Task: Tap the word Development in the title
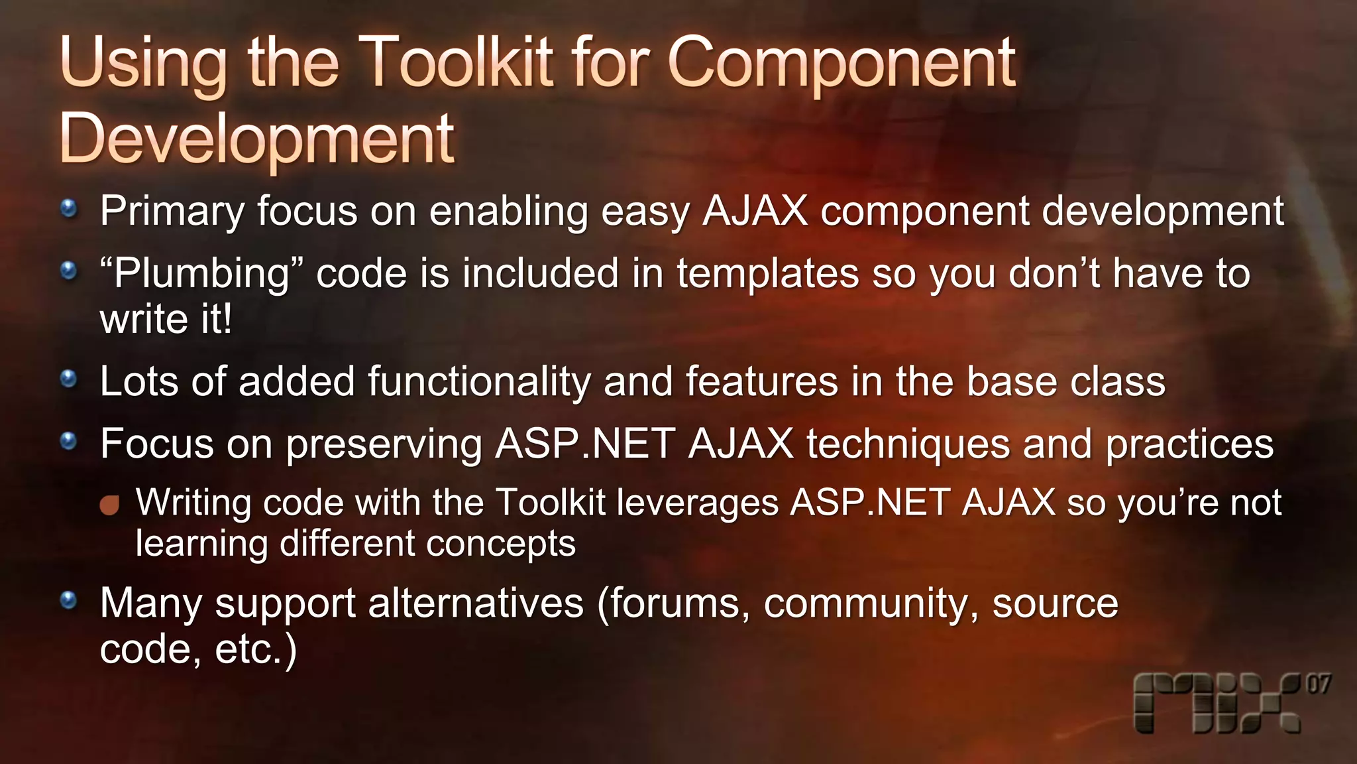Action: tap(257, 139)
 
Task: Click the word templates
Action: tap(767, 274)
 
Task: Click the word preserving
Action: tap(384, 444)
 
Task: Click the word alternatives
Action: tap(476, 604)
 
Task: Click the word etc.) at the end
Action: tap(256, 649)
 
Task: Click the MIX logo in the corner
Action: tap(1217, 704)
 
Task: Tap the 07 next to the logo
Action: tap(1318, 684)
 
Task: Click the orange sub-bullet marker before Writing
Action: tap(109, 505)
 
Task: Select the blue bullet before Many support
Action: tap(68, 601)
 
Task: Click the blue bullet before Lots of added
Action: tap(68, 379)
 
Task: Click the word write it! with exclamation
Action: tap(166, 320)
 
